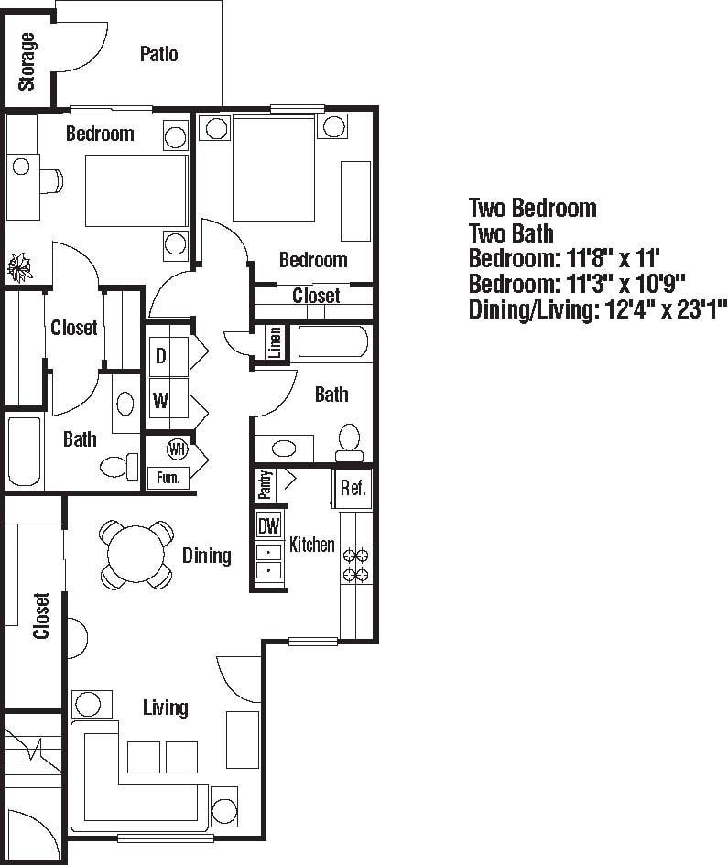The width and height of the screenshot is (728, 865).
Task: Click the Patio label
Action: [x=158, y=54]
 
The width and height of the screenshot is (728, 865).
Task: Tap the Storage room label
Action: [x=27, y=61]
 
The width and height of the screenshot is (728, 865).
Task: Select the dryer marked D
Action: [x=160, y=356]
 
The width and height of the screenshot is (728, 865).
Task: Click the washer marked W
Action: [x=160, y=400]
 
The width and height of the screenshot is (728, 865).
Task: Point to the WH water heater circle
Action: [x=177, y=449]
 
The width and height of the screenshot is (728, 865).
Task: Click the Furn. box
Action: [x=168, y=477]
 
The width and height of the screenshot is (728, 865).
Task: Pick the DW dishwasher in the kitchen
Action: [x=268, y=526]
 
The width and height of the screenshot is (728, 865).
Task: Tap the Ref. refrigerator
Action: [x=353, y=489]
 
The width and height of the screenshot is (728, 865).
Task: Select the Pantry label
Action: [x=265, y=484]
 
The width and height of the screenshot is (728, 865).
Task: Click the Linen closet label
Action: [x=274, y=343]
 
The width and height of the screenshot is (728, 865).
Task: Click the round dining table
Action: [x=136, y=554]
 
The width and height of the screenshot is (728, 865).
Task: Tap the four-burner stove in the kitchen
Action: [x=355, y=565]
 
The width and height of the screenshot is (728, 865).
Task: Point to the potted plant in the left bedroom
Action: [x=19, y=268]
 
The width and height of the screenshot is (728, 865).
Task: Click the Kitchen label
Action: [x=311, y=545]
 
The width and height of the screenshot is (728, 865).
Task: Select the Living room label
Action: [x=166, y=707]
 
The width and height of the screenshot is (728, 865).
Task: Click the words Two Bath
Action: [x=511, y=233]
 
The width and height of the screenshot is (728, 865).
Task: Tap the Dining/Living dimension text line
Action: [x=597, y=309]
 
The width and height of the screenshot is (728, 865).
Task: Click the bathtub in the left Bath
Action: [x=25, y=452]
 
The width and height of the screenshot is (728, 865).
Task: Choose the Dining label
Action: [x=206, y=555]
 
